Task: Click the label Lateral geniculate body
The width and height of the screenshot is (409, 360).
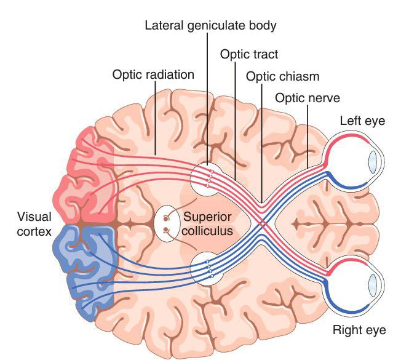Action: pos(210,26)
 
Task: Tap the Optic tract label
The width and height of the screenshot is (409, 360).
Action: pos(249,54)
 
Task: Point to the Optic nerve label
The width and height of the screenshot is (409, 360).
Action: pos(307,98)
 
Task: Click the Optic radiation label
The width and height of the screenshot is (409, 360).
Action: pos(153,74)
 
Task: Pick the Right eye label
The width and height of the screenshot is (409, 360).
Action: pos(359,330)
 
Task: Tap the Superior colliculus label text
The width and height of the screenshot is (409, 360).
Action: pos(208,224)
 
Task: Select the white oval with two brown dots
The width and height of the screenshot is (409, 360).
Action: pos(165,224)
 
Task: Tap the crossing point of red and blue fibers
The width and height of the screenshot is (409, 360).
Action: pos(263,223)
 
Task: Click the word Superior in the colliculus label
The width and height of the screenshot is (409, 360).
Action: pos(208,217)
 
